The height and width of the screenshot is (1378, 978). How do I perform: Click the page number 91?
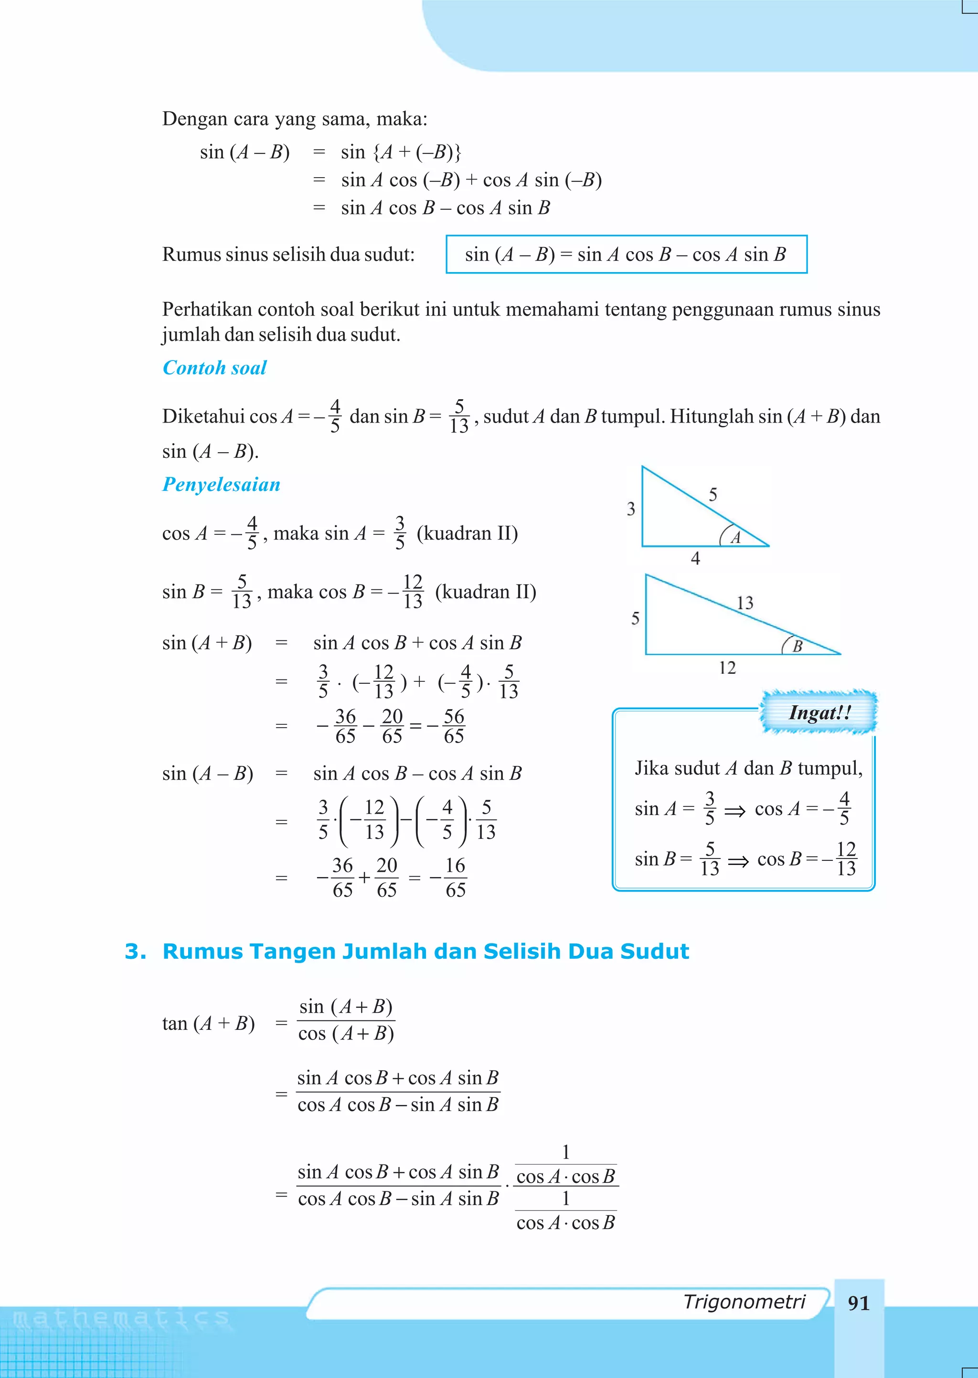[858, 1304]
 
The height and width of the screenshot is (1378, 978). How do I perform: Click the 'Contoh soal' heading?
[214, 368]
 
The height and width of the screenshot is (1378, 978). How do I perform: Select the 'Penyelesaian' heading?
[221, 485]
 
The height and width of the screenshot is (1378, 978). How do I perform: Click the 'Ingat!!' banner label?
[819, 713]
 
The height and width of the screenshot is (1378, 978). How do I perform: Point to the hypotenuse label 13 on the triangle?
[745, 603]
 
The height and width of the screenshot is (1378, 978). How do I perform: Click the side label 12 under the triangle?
[727, 668]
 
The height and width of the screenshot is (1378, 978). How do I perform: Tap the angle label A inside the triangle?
[735, 538]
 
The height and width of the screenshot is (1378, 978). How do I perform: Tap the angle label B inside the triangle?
[797, 647]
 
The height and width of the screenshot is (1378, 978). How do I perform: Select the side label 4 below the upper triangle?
[696, 559]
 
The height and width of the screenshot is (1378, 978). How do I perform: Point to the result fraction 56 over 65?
[454, 726]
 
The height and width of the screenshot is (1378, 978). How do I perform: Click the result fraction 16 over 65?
[455, 878]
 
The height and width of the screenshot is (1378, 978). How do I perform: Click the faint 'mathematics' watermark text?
[120, 1318]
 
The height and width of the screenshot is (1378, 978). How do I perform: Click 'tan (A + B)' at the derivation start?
[208, 1023]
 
